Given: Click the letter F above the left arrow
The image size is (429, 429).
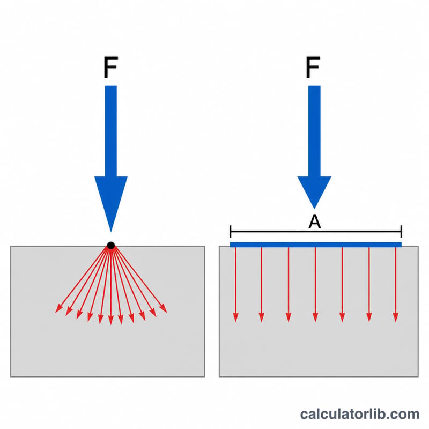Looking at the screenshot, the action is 111,68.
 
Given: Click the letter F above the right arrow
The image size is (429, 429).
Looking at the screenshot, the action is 313,68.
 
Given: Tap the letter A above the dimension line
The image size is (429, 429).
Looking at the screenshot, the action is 314,221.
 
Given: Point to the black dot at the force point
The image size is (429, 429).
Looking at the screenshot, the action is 111,246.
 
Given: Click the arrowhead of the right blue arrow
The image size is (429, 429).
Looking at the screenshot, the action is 314,190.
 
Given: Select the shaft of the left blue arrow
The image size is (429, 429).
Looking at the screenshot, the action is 111,131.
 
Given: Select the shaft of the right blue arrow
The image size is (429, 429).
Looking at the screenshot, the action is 314,131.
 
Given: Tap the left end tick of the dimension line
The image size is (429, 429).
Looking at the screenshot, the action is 231,232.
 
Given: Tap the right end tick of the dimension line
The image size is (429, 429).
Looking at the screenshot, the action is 401,232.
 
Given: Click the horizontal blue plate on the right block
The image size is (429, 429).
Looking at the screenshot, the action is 316,245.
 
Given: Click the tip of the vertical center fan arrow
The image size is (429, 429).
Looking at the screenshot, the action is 111,324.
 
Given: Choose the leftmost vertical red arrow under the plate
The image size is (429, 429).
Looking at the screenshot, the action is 235,285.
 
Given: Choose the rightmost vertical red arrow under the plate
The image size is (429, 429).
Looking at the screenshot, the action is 396,285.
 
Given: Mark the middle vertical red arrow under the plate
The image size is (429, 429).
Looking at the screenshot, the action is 315,285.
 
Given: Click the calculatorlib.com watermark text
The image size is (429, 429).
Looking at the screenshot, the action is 359,414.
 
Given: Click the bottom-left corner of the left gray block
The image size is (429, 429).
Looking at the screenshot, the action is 11,376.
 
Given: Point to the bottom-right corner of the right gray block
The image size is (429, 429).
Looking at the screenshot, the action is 418,376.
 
